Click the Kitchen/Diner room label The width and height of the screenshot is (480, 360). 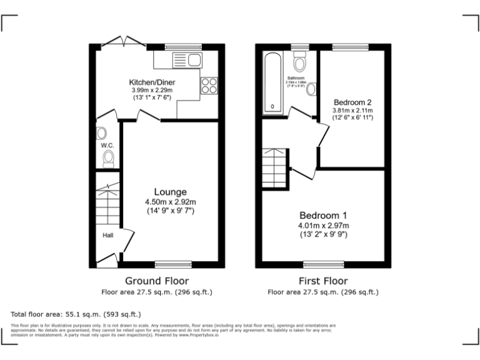[x=152, y=82]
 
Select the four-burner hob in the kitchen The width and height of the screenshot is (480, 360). [x=209, y=86]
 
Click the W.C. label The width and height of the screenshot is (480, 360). [x=106, y=146]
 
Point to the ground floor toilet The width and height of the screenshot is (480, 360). [x=109, y=157]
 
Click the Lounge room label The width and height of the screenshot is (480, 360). [x=170, y=191]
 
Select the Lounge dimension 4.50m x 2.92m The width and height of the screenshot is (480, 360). [x=170, y=202]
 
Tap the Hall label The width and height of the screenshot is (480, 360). [x=108, y=236]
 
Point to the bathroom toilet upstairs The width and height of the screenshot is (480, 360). [x=299, y=63]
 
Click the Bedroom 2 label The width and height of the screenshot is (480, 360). [x=352, y=102]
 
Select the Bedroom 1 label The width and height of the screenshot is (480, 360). [x=323, y=215]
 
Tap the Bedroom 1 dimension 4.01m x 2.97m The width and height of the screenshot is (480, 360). [x=323, y=226]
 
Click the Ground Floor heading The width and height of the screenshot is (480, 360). [x=157, y=281]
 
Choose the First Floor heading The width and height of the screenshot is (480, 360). [x=322, y=281]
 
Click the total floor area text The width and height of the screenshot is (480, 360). [x=76, y=314]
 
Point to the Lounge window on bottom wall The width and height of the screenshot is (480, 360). [x=173, y=264]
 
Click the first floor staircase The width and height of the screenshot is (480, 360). [x=274, y=166]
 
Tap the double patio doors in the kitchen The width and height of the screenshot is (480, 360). [x=124, y=42]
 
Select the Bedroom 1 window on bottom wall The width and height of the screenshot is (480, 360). [x=324, y=264]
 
